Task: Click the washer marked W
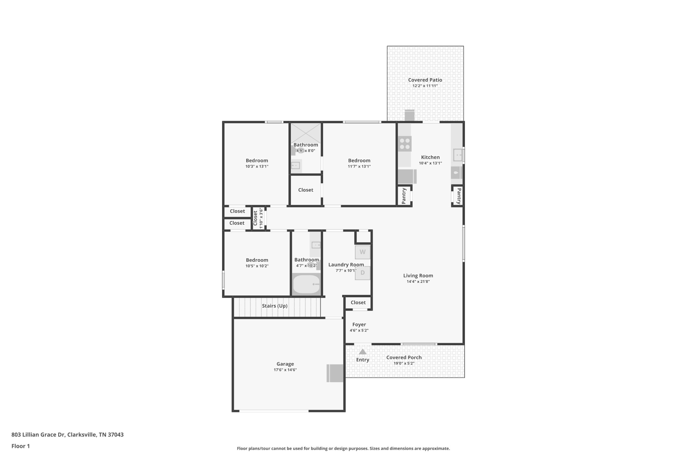tap(362, 252)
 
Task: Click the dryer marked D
tap(362, 273)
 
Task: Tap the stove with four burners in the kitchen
tap(405, 144)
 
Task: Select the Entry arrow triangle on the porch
tap(363, 352)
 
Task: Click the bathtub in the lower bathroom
tap(306, 284)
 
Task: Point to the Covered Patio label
tap(425, 80)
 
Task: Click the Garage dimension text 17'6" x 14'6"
tap(285, 370)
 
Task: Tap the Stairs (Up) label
tap(274, 306)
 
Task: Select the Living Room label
tap(418, 275)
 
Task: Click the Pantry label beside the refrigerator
tap(404, 196)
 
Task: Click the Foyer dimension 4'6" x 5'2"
tap(359, 330)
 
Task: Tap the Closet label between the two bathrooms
tap(306, 190)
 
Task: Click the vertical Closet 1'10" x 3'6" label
tap(258, 218)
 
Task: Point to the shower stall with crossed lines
tap(305, 133)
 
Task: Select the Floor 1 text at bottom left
tap(20, 446)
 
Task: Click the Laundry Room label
tap(346, 264)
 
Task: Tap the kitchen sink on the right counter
tap(458, 155)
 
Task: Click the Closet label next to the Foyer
tap(358, 302)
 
